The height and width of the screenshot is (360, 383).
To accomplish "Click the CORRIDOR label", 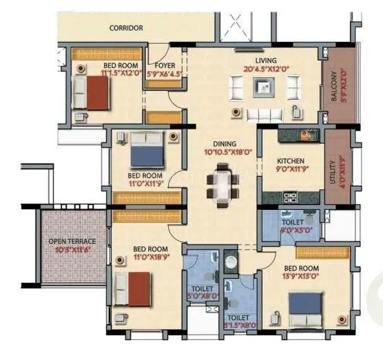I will (126, 28).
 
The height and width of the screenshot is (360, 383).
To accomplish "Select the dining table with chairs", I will (222, 183).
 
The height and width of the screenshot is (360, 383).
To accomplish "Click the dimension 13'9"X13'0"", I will (300, 276).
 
